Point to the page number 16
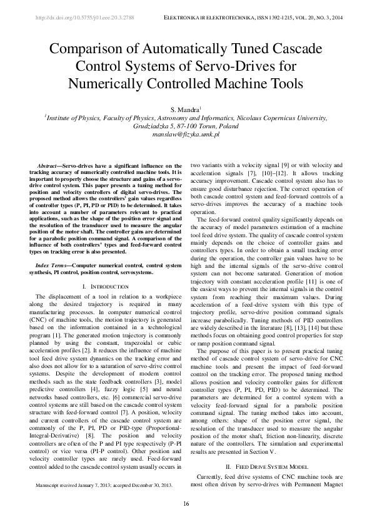(x=186, y=504)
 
